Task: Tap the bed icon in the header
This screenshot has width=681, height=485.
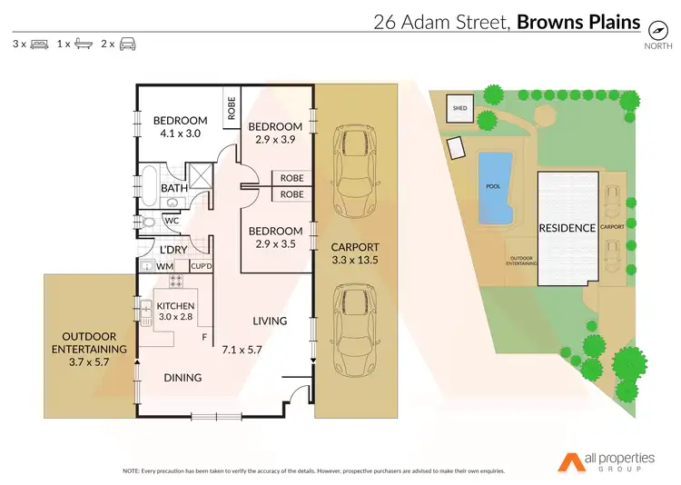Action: point(40,44)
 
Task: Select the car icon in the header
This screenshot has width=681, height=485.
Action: point(128,44)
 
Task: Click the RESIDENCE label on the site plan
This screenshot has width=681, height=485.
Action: point(567,228)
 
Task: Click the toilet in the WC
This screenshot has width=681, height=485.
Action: point(148,222)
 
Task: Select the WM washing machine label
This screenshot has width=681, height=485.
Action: point(164,267)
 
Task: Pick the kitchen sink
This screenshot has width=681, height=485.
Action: point(146,311)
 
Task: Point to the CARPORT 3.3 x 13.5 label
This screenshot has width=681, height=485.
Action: point(354,253)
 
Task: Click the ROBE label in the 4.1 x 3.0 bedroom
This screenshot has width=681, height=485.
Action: point(232,108)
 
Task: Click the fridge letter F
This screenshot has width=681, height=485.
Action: point(204,338)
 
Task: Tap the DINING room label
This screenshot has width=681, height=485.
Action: point(183,377)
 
